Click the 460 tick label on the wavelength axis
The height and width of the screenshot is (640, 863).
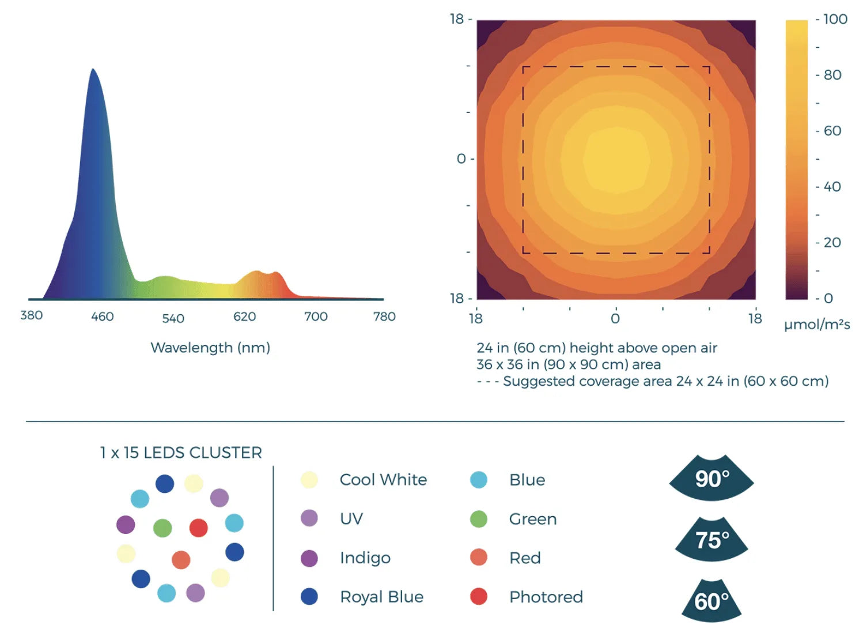103,317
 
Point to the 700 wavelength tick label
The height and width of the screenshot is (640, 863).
316,317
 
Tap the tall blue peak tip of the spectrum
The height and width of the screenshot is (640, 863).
92,70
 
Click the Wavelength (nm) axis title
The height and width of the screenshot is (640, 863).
210,348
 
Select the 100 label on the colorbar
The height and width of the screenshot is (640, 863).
835,19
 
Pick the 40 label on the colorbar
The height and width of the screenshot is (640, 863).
832,187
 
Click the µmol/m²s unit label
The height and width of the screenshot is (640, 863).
817,325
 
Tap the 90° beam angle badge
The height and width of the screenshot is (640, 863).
712,479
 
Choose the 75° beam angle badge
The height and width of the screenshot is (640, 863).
712,540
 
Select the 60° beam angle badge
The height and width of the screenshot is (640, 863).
711,601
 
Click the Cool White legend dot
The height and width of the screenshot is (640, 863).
309,480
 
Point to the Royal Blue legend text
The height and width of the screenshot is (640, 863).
381,597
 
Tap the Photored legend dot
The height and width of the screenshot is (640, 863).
479,597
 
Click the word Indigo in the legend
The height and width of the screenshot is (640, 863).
365,558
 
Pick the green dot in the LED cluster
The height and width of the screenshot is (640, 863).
162,528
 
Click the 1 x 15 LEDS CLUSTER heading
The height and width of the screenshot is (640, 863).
181,453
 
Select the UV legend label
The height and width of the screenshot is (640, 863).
351,519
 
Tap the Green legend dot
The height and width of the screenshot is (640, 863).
479,519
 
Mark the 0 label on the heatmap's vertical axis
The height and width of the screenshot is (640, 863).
461,159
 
